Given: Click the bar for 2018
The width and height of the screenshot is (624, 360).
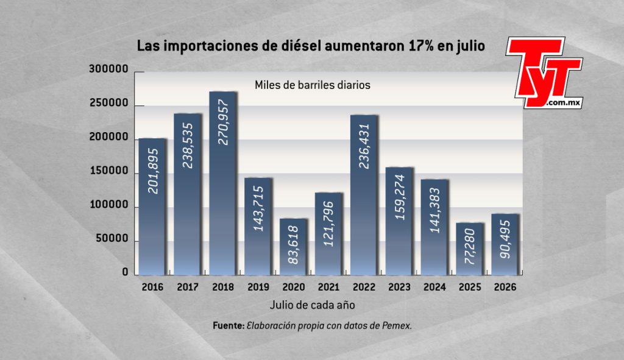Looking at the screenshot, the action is coord(223,183).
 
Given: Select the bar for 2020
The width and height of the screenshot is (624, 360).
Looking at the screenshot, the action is coord(293,247).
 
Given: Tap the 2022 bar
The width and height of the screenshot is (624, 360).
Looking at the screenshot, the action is coord(364,195).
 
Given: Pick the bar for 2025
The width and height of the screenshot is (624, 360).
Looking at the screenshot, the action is coord(470,249).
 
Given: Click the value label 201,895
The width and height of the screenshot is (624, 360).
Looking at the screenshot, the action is coord(153,171).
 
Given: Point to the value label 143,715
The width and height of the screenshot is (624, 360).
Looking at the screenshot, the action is coord(258,208).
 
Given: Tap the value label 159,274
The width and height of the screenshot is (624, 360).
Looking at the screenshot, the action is coord(399,197).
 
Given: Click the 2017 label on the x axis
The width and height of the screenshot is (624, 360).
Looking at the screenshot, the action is coord(188,287).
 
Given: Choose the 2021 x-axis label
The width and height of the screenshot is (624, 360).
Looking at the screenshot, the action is coord(328,287).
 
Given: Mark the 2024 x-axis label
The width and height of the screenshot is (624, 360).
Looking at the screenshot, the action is coord(434,287).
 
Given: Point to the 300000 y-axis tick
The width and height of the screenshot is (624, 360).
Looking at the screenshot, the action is coord(108,69).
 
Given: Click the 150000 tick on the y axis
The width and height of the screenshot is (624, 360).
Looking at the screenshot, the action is coord(108,171).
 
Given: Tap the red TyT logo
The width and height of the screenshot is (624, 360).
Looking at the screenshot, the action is coord(544,72).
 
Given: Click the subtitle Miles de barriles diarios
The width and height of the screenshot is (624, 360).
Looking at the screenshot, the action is coord(313,85).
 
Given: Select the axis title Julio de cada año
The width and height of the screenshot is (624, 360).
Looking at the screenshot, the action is coord(313,305).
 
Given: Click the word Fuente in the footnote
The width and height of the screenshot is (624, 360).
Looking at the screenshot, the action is coord(229,325).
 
